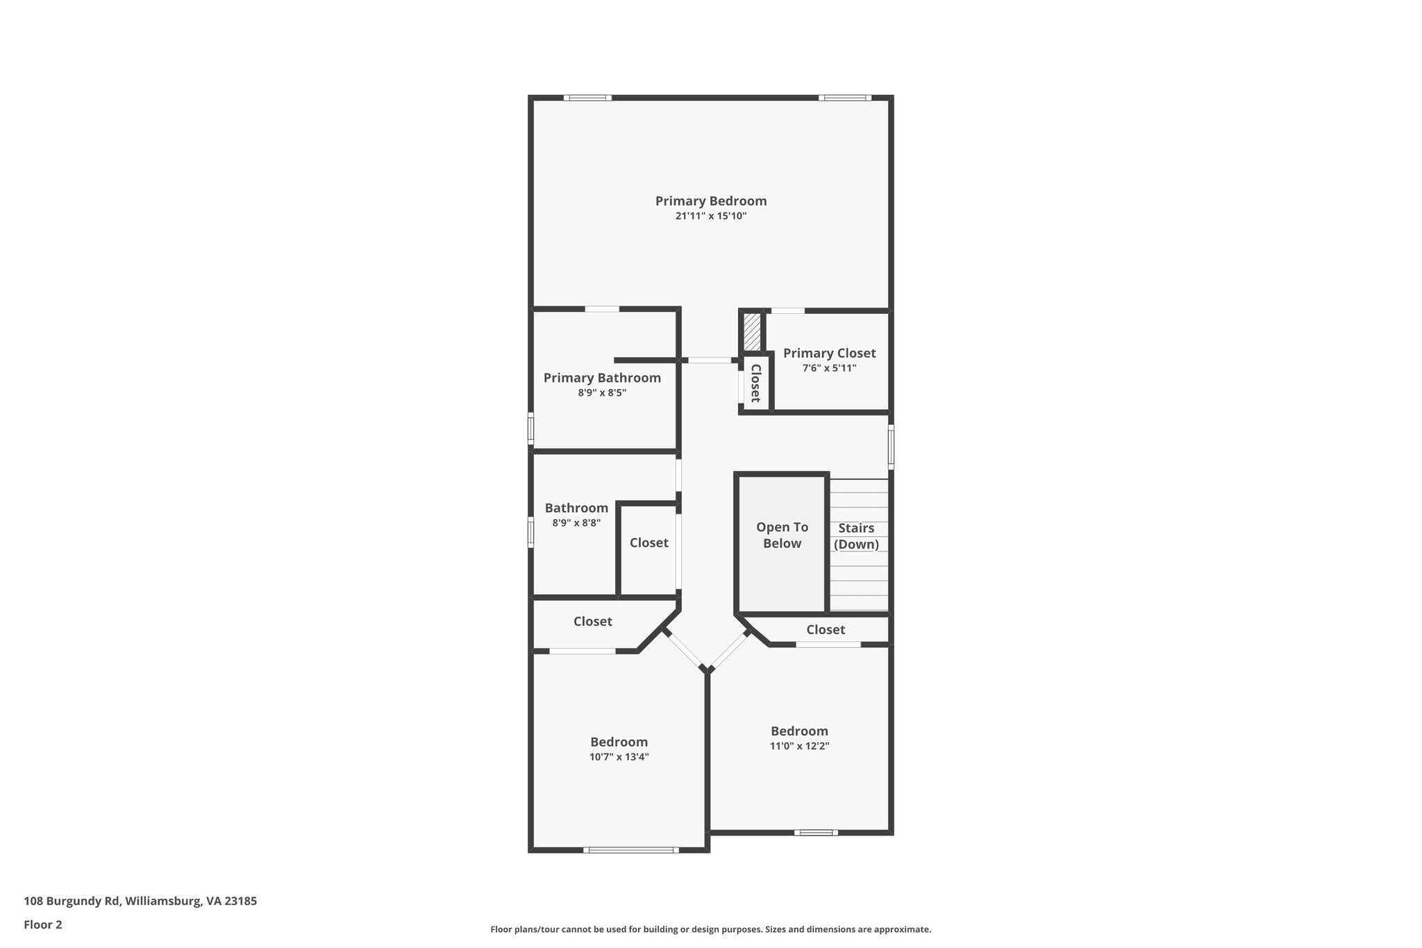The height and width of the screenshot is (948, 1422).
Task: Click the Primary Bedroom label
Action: point(710,201)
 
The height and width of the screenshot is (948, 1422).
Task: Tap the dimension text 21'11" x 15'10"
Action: point(710,216)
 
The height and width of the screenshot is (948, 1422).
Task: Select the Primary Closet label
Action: point(829,354)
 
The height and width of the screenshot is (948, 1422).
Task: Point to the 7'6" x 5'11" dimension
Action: point(829,368)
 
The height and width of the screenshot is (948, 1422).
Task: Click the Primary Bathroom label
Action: point(602,378)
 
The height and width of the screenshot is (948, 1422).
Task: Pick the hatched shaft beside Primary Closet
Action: point(752,332)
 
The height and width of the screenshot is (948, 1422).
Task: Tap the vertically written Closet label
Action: point(755,383)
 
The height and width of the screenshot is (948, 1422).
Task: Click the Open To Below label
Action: point(782,535)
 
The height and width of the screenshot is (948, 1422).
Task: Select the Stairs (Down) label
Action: point(856,536)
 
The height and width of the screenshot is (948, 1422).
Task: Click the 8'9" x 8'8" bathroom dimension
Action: point(576,523)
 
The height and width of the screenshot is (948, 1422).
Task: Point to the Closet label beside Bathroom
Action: point(649,543)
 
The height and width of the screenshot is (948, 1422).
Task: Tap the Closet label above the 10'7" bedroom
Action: point(592,622)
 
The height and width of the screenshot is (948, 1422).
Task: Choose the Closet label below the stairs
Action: point(825,630)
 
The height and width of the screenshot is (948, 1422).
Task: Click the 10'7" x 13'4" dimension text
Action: point(619,757)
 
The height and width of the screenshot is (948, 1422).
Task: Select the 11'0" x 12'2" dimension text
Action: point(799,746)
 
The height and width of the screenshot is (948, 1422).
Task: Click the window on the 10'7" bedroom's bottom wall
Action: point(630,849)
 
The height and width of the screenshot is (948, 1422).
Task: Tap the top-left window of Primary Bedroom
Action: point(587,98)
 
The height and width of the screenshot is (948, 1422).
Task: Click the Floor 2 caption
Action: point(43,924)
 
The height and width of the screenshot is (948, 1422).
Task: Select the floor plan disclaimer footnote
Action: point(710,929)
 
